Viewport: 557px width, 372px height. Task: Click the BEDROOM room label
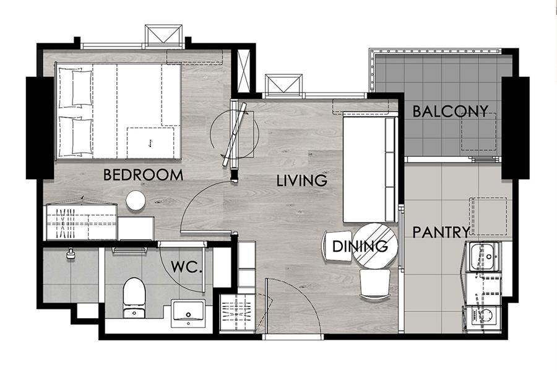point(143,175)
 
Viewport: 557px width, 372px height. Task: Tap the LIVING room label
point(302,180)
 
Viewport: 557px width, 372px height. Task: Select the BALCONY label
point(450,112)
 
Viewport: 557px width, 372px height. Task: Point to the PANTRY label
point(441,232)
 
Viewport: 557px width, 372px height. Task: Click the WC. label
point(186,267)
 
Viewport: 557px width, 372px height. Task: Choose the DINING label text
point(360,246)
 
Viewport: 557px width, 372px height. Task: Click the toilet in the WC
point(134,298)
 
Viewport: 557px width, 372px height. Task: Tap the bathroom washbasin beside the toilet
point(188,313)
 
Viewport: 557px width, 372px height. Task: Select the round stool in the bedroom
point(136,200)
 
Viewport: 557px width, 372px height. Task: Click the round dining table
point(376,246)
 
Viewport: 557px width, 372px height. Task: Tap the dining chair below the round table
point(375,284)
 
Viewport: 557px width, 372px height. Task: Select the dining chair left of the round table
point(337,246)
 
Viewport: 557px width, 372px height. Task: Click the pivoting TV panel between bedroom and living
point(235,135)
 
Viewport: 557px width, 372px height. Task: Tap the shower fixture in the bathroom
point(71,253)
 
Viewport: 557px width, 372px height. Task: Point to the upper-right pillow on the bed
point(82,87)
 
